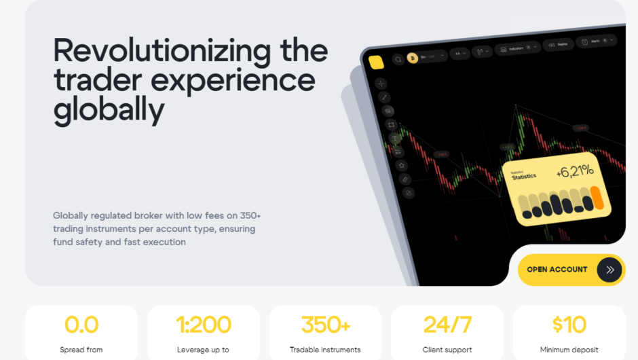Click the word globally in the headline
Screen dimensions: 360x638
109,111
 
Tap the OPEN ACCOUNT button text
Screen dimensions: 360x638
557,270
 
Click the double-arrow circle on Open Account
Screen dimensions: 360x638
609,270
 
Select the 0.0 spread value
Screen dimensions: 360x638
81,325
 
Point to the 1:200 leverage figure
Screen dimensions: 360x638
203,325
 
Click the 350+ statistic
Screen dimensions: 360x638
325,325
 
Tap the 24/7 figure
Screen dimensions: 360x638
447,325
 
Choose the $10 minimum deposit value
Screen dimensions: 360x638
569,325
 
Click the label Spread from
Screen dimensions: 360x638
81,350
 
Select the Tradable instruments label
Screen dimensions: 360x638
325,350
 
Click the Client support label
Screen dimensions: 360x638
447,350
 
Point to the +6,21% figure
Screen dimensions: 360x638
575,171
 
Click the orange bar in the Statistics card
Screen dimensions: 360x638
597,198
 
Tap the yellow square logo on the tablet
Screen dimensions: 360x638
376,62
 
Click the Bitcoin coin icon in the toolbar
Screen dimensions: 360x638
412,59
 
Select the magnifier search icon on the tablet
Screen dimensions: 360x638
398,60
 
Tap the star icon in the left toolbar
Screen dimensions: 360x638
401,165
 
